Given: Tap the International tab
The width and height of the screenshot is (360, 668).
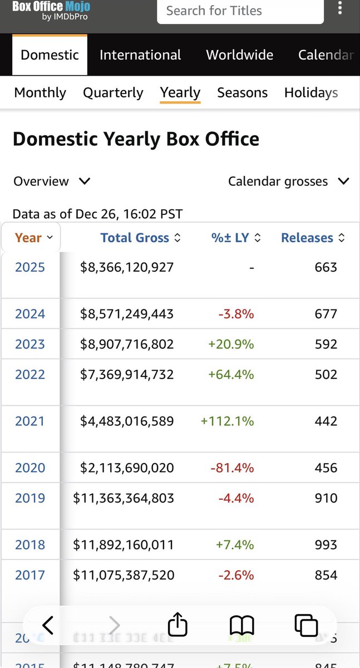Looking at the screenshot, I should [x=140, y=55].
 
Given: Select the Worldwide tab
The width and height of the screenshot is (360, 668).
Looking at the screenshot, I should [x=239, y=55].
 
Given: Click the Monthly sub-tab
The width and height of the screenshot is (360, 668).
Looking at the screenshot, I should [x=40, y=92].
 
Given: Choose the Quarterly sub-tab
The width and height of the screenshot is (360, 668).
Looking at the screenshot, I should [x=113, y=92].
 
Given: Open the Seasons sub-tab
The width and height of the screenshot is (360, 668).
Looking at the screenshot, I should [x=242, y=92].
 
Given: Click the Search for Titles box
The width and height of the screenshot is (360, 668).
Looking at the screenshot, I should [x=240, y=11].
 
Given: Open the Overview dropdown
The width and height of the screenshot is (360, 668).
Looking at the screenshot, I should [x=52, y=181].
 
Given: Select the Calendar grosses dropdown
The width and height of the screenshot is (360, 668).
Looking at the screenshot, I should [x=288, y=181].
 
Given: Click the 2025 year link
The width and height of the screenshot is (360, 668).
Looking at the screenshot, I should [x=30, y=267].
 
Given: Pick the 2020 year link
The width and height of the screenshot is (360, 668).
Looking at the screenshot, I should [x=30, y=468].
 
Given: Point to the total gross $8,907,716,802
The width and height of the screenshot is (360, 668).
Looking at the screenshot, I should [x=127, y=344].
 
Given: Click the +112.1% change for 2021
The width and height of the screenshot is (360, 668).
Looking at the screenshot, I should [x=227, y=421].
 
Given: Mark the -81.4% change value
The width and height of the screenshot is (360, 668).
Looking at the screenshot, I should [x=232, y=468].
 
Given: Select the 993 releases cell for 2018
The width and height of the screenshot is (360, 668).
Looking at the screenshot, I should [x=326, y=545].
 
